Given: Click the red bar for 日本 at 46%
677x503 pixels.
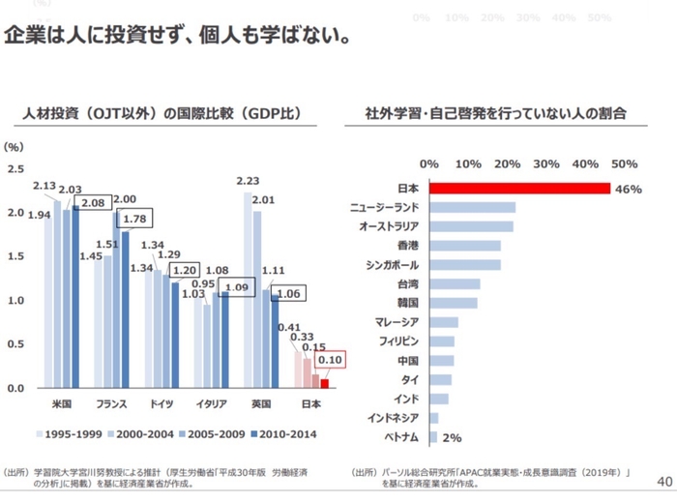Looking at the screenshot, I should (519, 189).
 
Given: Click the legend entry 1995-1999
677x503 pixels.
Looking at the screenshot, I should (70, 433).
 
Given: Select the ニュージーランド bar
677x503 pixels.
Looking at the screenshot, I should (472, 207).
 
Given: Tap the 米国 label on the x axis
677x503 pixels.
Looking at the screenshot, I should (60, 402).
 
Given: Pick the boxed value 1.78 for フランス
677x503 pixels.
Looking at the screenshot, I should (134, 220).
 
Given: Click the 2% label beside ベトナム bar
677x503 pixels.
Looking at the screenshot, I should (452, 437).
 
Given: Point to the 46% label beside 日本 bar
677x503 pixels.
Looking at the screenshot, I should (629, 190).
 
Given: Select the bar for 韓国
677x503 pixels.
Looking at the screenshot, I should (453, 303).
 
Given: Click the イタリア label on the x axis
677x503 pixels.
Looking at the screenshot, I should (211, 402).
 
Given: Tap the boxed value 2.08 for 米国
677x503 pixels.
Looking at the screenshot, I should (93, 203).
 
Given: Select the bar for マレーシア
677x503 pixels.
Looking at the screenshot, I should (444, 322).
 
